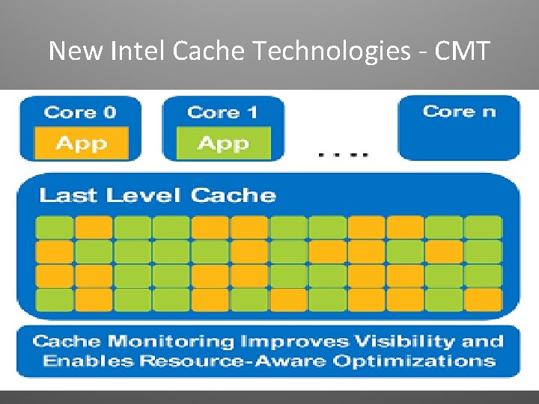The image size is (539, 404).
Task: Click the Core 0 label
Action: tap(80, 113)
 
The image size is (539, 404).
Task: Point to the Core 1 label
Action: tap(222, 113)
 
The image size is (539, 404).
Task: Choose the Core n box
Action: tap(459, 127)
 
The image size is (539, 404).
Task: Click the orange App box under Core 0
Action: tap(80, 144)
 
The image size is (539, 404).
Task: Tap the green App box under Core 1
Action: tap(222, 144)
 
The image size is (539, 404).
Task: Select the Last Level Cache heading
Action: tap(157, 196)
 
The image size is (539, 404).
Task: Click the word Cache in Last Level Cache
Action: tap(234, 196)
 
